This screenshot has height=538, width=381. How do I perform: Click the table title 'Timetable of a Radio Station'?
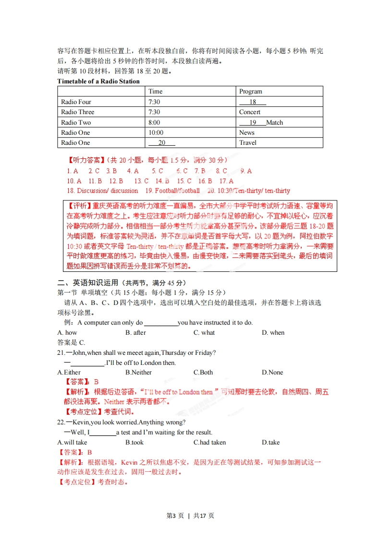click(x=98, y=81)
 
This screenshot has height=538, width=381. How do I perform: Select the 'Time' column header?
click(x=155, y=91)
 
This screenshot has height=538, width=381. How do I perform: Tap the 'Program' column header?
click(x=250, y=91)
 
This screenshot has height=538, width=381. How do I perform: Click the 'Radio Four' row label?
click(x=76, y=102)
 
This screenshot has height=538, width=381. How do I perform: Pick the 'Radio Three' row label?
click(x=78, y=112)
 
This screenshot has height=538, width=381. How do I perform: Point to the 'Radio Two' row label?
click(x=76, y=122)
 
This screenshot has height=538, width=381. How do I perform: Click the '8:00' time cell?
click(x=154, y=122)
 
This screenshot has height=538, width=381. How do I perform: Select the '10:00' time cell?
click(x=156, y=132)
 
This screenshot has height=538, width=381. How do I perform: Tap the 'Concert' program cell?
click(x=249, y=112)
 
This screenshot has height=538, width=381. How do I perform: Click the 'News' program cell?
click(x=246, y=132)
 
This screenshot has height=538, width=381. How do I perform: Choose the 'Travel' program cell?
click(x=247, y=142)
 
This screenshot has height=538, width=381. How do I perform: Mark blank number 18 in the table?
click(x=253, y=102)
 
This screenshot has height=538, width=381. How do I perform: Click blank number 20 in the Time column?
click(x=161, y=142)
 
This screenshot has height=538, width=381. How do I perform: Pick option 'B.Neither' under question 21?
click(x=138, y=372)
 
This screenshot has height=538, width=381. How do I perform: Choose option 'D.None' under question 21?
click(x=272, y=372)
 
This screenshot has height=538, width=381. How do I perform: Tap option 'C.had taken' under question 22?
click(x=209, y=442)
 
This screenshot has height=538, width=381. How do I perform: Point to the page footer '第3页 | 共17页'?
click(x=190, y=515)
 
